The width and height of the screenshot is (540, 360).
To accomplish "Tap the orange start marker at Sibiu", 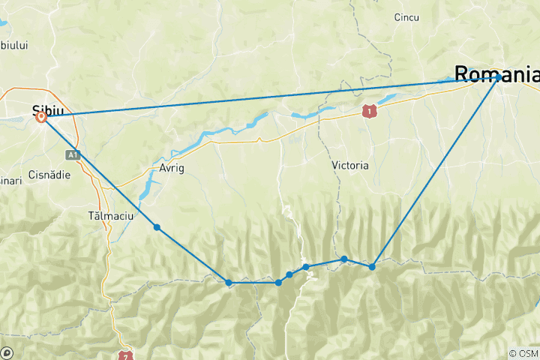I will tap(41, 117).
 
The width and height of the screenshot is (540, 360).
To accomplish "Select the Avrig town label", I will tap(170, 168).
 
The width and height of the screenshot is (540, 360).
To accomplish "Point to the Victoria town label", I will tap(349, 165).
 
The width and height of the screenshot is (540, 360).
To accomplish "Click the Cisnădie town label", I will tap(49, 175).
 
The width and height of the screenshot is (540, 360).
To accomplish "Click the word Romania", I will tap(495, 73).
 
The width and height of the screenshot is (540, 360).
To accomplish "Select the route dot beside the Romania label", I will tap(498, 77).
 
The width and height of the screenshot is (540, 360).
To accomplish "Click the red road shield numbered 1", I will tap(367, 111).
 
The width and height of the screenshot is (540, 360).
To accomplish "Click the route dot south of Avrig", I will tap(156, 227).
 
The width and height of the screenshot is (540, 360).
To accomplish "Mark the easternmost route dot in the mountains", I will tap(372, 266).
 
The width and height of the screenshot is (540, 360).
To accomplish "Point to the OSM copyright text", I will tap(523, 353).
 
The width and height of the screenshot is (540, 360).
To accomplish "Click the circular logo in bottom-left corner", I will tap(7, 352).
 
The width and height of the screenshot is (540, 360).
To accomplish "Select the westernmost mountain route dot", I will tap(229, 283).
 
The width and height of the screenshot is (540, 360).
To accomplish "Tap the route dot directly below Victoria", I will tap(344, 259).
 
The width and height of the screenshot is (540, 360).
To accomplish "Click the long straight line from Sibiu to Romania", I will tap(270, 97).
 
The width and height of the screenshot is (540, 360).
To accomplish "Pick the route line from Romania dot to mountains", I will tap(435, 172).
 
